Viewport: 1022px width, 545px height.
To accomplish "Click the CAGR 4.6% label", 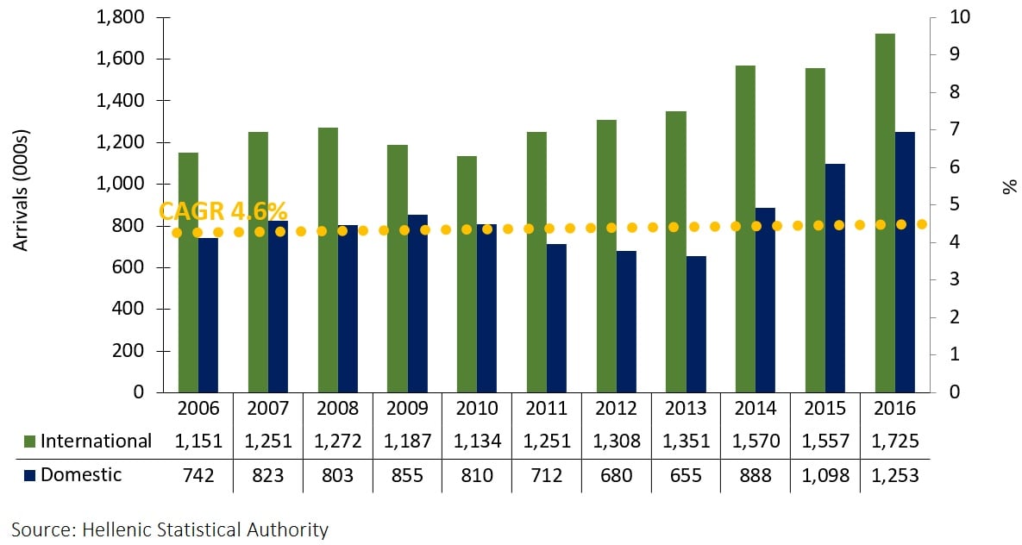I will [223, 212].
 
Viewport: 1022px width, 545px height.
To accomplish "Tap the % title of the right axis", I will [1010, 185].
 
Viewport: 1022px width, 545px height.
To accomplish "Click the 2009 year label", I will [408, 408].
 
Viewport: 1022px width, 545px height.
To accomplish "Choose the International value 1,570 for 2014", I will [756, 442].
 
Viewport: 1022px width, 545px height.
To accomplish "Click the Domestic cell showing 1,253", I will [895, 475].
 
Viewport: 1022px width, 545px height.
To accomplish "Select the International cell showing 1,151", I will [198, 442].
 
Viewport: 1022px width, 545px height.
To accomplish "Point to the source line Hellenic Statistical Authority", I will [170, 529].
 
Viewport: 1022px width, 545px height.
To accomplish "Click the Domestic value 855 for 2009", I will [408, 475].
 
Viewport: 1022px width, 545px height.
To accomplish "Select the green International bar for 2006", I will [188, 272].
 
